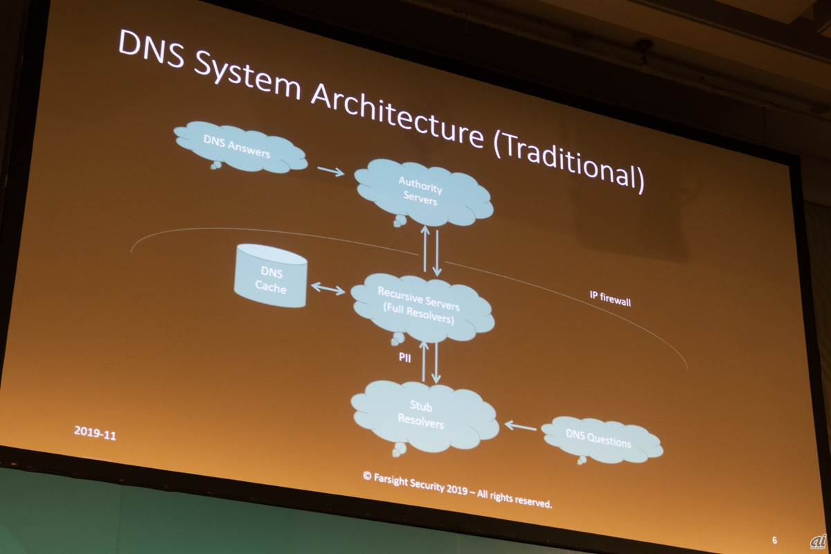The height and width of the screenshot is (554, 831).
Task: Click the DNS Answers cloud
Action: (239, 147)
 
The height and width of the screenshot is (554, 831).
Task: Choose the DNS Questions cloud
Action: (600, 439)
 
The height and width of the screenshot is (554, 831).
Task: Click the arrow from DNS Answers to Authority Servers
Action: (331, 170)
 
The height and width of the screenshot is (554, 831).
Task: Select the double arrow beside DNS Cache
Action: (328, 288)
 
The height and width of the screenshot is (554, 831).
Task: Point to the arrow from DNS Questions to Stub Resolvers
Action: (520, 425)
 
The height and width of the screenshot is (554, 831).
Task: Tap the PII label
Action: (404, 358)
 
